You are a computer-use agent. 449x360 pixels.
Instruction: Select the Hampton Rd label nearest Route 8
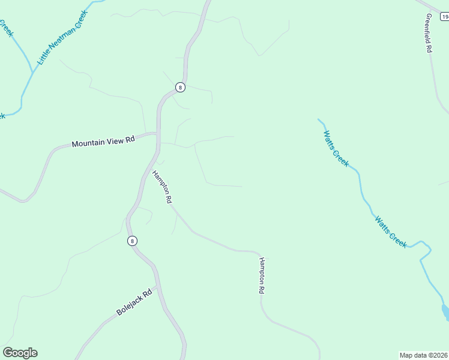(163, 187)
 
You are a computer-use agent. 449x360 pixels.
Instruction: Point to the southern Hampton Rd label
(262, 275)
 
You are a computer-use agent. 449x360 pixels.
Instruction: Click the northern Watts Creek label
(336, 148)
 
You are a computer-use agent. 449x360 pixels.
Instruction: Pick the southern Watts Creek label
(391, 232)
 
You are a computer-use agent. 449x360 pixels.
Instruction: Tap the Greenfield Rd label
(429, 34)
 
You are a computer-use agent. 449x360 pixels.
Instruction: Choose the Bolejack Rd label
(134, 305)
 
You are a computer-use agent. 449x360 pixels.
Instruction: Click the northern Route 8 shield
(180, 88)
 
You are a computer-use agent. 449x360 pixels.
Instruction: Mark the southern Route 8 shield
(132, 241)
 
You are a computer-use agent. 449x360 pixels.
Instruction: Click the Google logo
(20, 353)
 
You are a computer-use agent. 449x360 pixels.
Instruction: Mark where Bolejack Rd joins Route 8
(158, 287)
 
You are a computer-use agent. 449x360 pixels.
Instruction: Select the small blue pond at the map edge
(445, 312)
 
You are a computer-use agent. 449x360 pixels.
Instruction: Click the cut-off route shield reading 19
(444, 17)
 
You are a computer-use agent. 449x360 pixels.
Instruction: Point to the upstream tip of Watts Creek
(319, 119)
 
